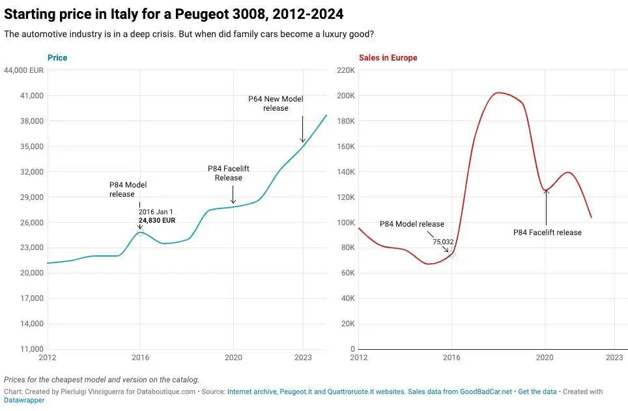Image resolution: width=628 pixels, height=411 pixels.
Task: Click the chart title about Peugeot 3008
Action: [174, 14]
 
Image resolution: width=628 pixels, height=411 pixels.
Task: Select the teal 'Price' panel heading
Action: [57, 58]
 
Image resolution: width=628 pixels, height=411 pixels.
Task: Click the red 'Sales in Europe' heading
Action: [388, 58]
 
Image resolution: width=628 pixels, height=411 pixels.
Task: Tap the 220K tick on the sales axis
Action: [345, 70]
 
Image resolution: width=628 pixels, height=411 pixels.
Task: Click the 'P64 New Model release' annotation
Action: [276, 104]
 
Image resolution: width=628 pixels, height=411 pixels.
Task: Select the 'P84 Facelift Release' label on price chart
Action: [228, 173]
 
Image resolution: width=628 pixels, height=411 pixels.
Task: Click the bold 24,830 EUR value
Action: [156, 221]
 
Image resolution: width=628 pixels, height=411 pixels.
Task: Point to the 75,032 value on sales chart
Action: [443, 242]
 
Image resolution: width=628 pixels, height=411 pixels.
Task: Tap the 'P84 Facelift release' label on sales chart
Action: [547, 233]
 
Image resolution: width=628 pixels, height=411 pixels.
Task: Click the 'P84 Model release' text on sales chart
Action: [412, 224]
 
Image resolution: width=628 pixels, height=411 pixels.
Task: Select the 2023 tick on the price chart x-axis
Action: [303, 358]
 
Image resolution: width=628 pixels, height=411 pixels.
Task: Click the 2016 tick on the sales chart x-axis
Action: [452, 358]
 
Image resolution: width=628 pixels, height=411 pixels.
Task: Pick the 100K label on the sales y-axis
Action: [345, 223]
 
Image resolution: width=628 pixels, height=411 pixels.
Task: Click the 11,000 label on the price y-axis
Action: [31, 349]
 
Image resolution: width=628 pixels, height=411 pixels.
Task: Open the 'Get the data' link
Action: [537, 391]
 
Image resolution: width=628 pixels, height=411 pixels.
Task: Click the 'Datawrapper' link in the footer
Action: [24, 401]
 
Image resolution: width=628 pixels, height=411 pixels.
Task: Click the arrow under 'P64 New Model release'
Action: [302, 130]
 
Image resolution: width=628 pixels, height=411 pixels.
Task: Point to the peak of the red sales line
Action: [498, 92]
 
